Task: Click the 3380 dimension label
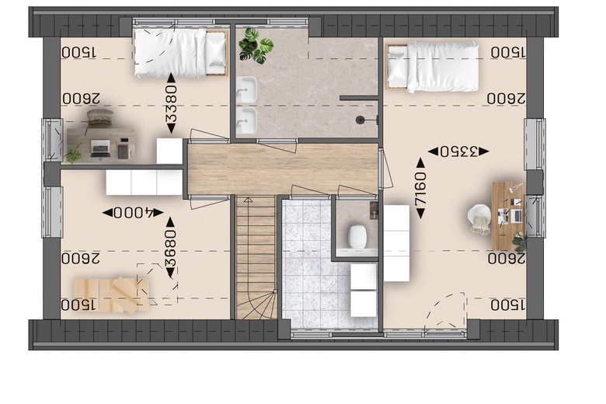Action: point(171,103)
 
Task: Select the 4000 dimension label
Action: point(133,213)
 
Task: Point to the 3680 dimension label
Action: point(170,247)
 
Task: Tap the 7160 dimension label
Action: point(420,188)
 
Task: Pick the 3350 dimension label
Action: point(458,151)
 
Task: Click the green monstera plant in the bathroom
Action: point(255,46)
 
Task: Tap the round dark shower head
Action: point(360,120)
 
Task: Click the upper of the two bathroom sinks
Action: point(246,89)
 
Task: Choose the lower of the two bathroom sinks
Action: point(246,120)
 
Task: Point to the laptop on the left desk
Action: point(100,148)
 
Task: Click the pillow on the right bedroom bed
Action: point(398,65)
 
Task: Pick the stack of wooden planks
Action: point(112,294)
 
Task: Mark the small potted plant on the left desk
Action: point(73,156)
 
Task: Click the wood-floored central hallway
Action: point(283,169)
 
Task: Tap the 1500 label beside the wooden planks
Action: point(78,305)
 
